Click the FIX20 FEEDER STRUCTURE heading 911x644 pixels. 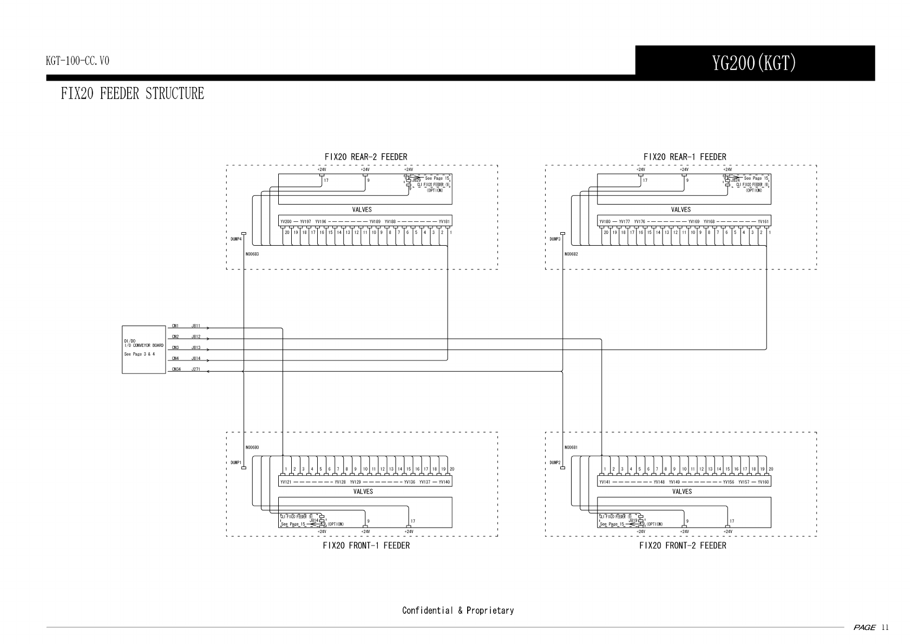click(x=133, y=94)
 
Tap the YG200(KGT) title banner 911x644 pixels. click(x=754, y=63)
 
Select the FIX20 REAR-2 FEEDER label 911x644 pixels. click(x=365, y=157)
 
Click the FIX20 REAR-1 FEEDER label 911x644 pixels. click(x=685, y=157)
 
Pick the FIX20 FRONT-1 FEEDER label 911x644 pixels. click(x=366, y=546)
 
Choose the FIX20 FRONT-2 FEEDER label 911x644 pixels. click(x=683, y=546)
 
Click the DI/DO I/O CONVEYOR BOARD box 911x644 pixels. click(x=143, y=349)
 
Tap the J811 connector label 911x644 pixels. click(x=196, y=326)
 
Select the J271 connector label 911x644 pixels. click(x=196, y=369)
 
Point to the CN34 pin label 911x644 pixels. click(x=176, y=369)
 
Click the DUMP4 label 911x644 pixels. click(x=235, y=238)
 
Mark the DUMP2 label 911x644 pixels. click(x=554, y=463)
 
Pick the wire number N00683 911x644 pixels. click(x=252, y=253)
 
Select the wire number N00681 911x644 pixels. click(x=571, y=448)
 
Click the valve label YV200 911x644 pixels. click(x=286, y=221)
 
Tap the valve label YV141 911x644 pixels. click(x=605, y=482)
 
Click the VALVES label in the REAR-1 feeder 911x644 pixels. click(x=681, y=209)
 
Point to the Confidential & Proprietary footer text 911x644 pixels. click(x=457, y=610)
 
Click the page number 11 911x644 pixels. click(x=885, y=628)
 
